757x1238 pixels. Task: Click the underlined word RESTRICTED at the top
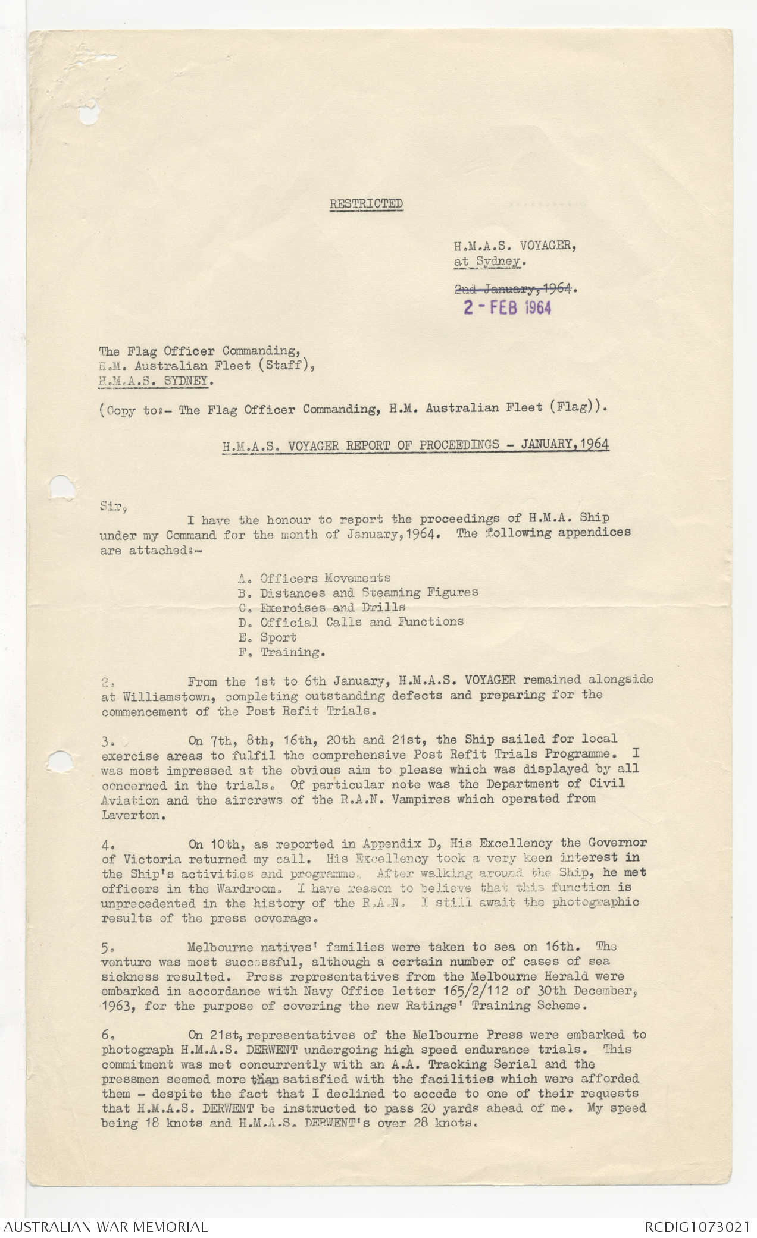(366, 203)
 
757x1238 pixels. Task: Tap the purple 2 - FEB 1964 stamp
(508, 307)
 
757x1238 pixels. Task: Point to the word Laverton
(130, 815)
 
